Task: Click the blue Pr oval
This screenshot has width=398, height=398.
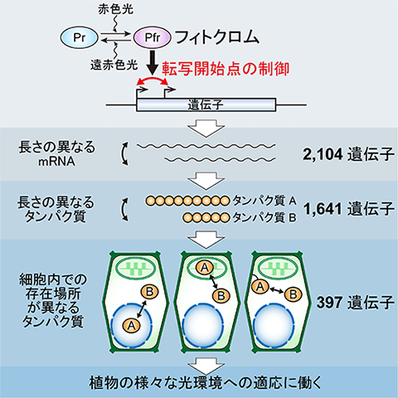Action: [x=79, y=38]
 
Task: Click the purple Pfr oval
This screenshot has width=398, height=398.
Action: [x=153, y=38]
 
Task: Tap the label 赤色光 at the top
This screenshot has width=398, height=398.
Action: [x=116, y=10]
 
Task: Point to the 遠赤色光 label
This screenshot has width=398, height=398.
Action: [x=114, y=65]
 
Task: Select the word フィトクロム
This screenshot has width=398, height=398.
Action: [x=217, y=37]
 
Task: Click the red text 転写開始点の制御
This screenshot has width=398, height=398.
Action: [x=226, y=69]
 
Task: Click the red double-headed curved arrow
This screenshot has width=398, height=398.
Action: [x=153, y=80]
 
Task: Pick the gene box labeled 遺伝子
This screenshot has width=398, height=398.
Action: [x=206, y=105]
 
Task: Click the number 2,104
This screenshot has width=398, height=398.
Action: [x=323, y=154]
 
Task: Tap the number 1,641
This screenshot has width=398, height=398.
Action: [x=323, y=209]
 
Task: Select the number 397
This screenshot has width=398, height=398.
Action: [x=329, y=303]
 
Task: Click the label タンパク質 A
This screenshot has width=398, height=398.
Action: [x=265, y=201]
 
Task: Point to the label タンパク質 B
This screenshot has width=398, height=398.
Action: [x=265, y=218]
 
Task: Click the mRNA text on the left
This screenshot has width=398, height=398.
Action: [x=56, y=162]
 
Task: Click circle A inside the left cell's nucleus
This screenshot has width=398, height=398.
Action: [x=131, y=325]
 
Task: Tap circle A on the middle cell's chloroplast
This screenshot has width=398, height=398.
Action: [x=205, y=267]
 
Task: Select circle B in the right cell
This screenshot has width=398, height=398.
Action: [x=294, y=294]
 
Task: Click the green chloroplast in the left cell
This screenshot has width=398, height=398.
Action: [x=135, y=269]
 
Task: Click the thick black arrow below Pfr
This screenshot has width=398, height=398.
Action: [x=153, y=62]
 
